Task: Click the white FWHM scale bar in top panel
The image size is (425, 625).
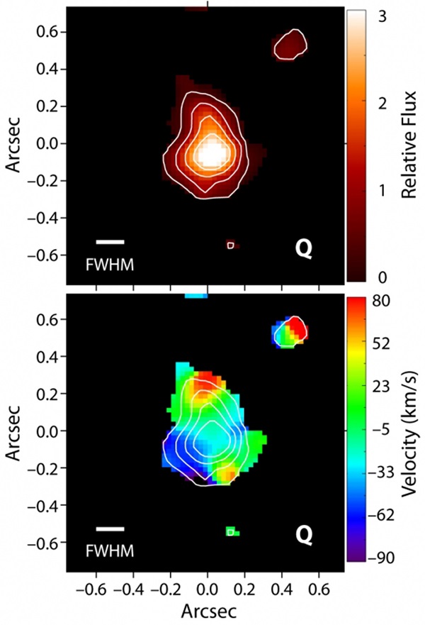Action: tap(110, 243)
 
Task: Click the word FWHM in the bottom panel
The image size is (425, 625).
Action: tap(109, 549)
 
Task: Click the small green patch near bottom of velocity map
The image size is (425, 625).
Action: tap(232, 531)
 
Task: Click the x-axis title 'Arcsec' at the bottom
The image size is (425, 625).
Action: tap(207, 609)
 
